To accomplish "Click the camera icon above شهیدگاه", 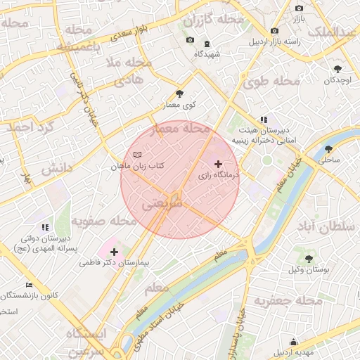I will tap(189, 40).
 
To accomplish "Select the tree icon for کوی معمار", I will tap(180, 93).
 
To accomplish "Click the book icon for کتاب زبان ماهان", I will tap(137, 155).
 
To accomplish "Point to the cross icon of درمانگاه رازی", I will tap(217, 163).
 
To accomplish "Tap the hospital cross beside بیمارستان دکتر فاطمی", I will tap(114, 251).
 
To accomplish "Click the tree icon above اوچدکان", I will tap(338, 69).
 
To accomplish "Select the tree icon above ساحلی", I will tap(329, 149).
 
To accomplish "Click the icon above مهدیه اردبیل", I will tap(293, 342).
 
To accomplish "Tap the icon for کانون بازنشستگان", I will tap(29, 285).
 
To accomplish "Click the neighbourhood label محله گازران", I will tap(213, 21).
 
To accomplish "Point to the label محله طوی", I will tap(271, 83).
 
